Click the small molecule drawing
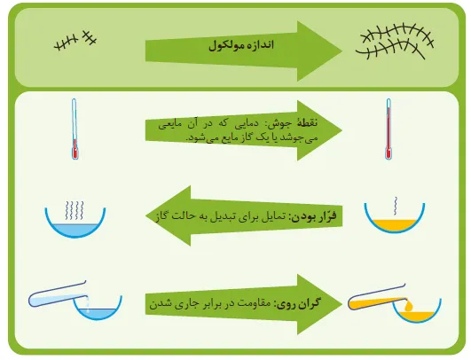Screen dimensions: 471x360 [75, 41]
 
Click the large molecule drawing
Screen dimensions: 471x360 [395, 42]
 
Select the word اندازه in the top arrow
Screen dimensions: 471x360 [261, 45]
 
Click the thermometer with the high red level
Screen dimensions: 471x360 [389, 129]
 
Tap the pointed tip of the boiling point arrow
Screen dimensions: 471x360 [341, 130]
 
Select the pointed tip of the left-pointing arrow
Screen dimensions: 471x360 [146, 215]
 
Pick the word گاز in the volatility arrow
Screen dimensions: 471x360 [161, 215]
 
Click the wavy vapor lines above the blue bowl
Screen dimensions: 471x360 [75, 210]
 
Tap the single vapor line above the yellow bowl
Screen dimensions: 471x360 [396, 206]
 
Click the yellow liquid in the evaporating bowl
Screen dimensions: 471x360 [395, 225]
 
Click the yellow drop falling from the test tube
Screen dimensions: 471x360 [409, 306]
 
